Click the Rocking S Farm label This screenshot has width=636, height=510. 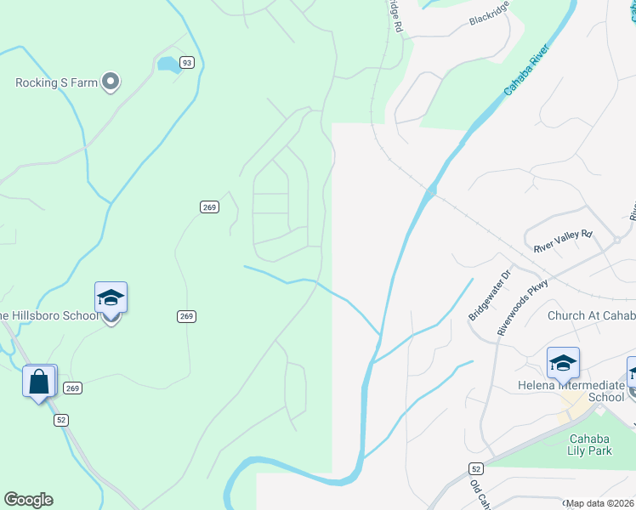(55, 82)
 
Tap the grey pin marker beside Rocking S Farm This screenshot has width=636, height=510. (110, 82)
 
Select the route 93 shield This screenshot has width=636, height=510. (187, 62)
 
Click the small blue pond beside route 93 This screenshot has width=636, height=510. (168, 64)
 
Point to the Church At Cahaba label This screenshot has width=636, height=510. (591, 316)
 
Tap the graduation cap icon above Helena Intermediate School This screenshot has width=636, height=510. (563, 363)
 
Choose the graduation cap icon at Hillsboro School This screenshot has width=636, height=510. (111, 297)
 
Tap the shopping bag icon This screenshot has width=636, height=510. (39, 381)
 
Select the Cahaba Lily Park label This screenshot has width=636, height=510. (590, 445)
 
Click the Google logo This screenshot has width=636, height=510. (28, 499)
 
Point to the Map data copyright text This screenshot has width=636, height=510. (600, 503)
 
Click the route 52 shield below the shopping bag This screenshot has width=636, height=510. (61, 420)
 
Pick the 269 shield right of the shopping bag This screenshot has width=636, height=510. (73, 388)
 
